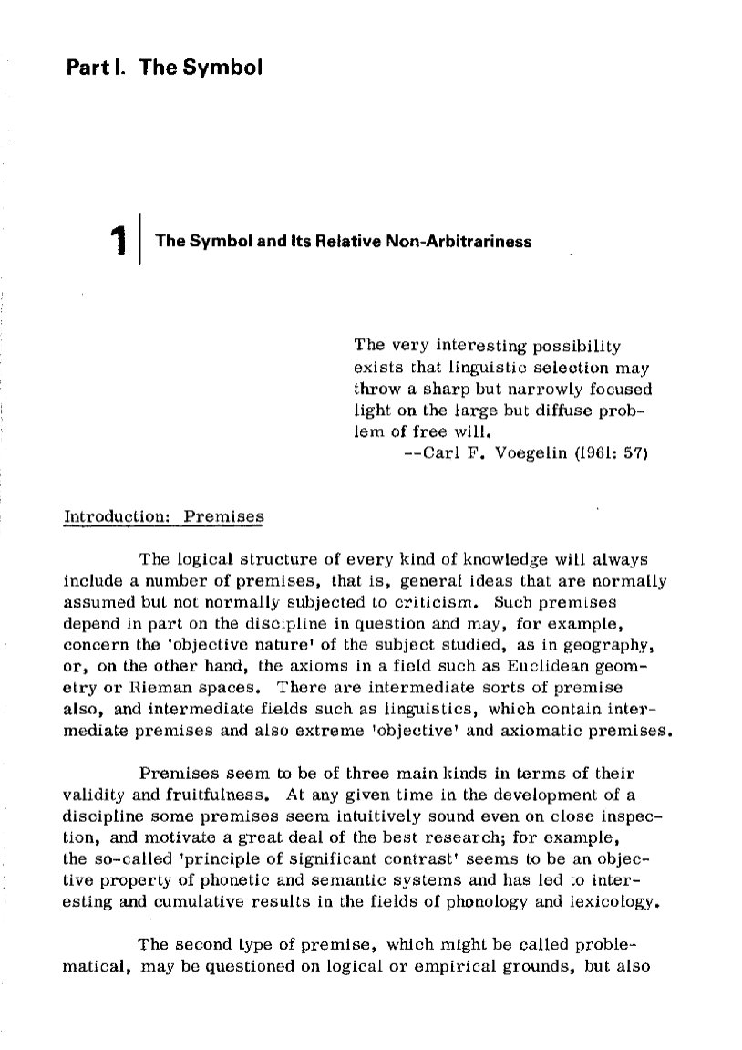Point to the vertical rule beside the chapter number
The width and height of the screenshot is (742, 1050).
coord(140,237)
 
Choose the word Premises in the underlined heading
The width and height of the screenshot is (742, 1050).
coord(223,515)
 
